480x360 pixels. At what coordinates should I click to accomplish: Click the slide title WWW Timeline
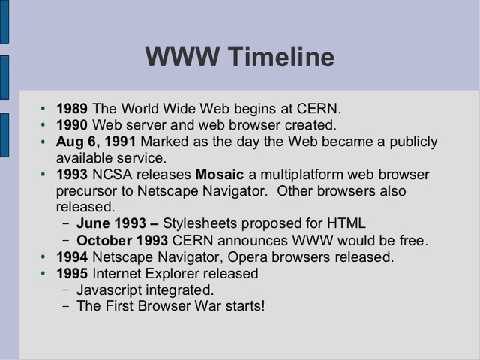(239, 57)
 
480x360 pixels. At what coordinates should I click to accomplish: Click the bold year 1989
(73, 109)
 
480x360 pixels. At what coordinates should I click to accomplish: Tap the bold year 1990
(73, 125)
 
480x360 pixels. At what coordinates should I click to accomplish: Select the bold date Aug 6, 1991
(96, 142)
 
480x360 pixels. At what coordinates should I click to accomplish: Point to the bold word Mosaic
(220, 175)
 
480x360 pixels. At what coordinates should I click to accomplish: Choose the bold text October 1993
(122, 241)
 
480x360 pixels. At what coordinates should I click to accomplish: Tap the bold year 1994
(73, 257)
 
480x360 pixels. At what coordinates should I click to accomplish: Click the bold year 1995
(73, 274)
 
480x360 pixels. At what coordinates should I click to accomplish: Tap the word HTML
(349, 223)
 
